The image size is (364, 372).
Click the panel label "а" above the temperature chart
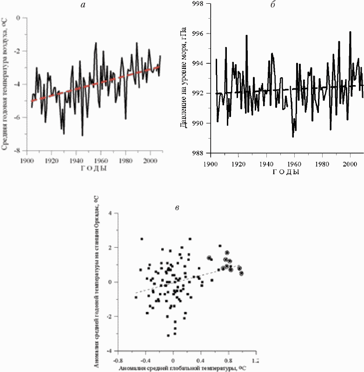(x=96, y=4)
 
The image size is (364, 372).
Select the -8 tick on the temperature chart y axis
(x=19, y=151)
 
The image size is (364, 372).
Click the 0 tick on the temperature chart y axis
(x=20, y=18)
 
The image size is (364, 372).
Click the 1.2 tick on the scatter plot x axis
(x=255, y=360)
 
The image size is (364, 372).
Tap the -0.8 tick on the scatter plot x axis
(x=119, y=360)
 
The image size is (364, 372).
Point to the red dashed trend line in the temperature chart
(x=93, y=83)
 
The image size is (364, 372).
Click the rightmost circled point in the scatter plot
(x=241, y=273)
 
